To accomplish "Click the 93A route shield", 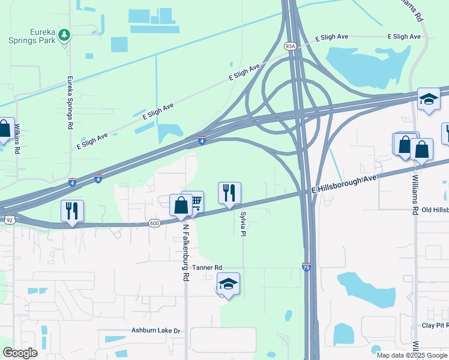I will click(290, 46).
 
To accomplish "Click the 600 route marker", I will click(154, 223).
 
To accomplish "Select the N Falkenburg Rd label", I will click(185, 253).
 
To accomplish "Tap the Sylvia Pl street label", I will click(243, 223).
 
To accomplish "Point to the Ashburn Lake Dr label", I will click(156, 331).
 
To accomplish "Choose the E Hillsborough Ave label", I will click(345, 183).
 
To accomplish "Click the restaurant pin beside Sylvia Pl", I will click(229, 193).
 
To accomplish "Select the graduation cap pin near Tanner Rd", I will click(228, 284).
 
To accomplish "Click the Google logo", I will click(20, 353).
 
